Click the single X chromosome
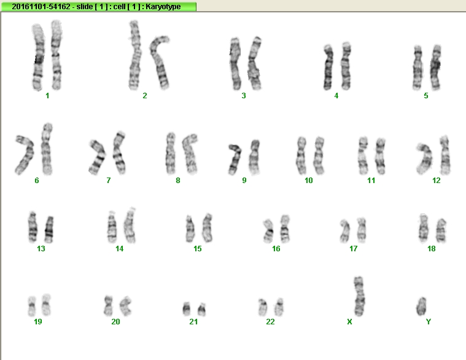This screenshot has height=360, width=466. click(x=359, y=296)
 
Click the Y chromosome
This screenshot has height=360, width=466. click(x=421, y=306)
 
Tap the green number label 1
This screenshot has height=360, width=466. click(x=47, y=95)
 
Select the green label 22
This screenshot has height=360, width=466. click(x=270, y=321)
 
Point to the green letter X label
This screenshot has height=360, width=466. click(x=349, y=321)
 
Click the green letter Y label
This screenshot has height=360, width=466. click(x=429, y=321)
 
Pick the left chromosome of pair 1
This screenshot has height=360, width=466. click(x=38, y=57)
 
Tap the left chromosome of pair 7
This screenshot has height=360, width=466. click(x=98, y=157)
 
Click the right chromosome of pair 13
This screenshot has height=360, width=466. click(x=49, y=230)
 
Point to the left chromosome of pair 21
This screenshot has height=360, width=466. click(x=187, y=309)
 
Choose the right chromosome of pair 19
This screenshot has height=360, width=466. click(x=46, y=305)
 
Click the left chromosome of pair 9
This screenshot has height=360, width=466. click(x=235, y=159)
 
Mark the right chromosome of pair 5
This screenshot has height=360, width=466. click(x=436, y=68)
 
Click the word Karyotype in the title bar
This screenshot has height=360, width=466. click(x=163, y=7)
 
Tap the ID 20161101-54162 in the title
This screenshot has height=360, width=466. click(x=41, y=7)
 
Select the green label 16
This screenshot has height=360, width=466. click(x=276, y=249)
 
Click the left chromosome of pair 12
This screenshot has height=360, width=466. click(x=424, y=159)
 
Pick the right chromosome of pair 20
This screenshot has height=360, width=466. click(x=126, y=305)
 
